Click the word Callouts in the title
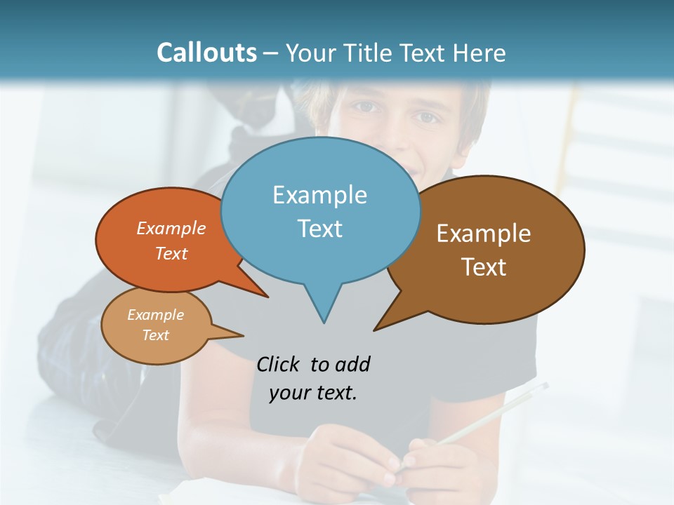click(x=206, y=53)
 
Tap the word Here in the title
click(x=480, y=53)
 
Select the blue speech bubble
click(x=320, y=210)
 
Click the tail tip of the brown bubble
click(x=375, y=330)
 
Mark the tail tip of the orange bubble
click(x=267, y=297)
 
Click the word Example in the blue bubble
click(x=319, y=195)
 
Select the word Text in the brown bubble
click(x=484, y=267)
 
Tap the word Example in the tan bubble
click(x=155, y=315)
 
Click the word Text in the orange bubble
click(x=171, y=253)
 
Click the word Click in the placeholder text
click(x=279, y=364)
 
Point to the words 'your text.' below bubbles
click(x=313, y=393)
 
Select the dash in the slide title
click(x=272, y=53)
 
